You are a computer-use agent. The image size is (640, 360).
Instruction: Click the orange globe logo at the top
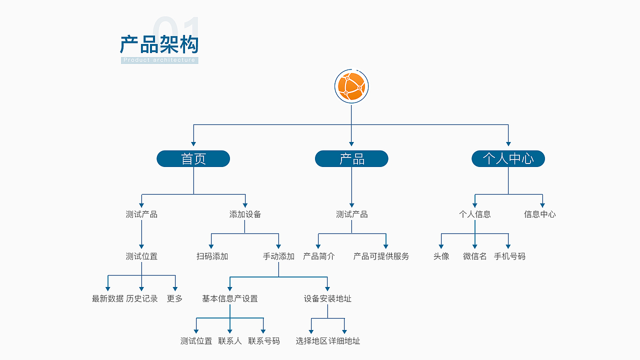[x=351, y=86]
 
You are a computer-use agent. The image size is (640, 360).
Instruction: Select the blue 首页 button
[x=193, y=159]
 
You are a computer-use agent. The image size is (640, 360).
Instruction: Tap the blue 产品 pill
[x=351, y=159]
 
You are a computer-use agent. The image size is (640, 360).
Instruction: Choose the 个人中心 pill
[x=508, y=159]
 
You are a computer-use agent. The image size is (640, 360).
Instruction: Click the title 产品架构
[x=159, y=44]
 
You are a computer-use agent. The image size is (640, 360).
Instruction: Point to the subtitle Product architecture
[x=159, y=60]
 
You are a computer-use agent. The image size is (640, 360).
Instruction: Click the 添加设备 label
[x=245, y=214]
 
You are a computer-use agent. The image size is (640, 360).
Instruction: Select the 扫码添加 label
[x=212, y=256]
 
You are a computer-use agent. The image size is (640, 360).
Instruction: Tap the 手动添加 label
[x=278, y=256]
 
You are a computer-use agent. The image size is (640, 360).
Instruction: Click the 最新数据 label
[x=107, y=298]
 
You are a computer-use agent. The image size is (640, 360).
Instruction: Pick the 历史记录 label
[x=141, y=298]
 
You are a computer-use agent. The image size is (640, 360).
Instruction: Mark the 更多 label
[x=174, y=298]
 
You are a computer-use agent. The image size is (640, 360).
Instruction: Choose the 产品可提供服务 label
[x=381, y=256]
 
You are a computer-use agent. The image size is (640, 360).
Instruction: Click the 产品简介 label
[x=318, y=256]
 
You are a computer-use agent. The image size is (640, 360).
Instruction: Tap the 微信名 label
[x=474, y=256]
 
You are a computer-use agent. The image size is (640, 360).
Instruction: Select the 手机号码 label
[x=509, y=256]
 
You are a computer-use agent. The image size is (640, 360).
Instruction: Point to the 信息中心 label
[x=539, y=214]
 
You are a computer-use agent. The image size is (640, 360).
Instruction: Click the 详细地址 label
[x=344, y=341]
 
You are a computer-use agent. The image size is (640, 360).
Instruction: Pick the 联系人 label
[x=230, y=341]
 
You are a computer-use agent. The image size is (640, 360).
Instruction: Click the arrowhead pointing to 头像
[x=441, y=246]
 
